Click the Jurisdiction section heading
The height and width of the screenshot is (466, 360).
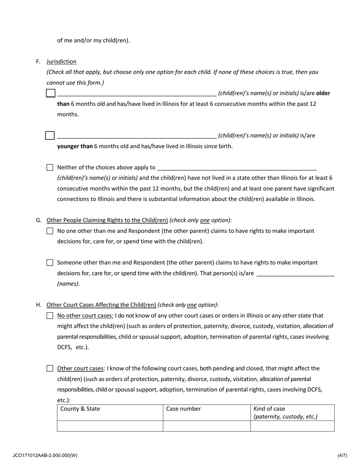pyautogui.click(x=61, y=61)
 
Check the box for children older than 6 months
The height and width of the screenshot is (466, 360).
pyautogui.click(x=51, y=93)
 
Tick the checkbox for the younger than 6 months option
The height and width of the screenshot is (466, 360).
pyautogui.click(x=50, y=136)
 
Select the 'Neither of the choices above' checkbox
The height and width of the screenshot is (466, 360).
pyautogui.click(x=50, y=167)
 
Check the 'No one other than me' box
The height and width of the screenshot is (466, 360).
pyautogui.click(x=50, y=231)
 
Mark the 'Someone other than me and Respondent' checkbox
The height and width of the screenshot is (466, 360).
pyautogui.click(x=50, y=263)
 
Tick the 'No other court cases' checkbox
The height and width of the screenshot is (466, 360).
pyautogui.click(x=50, y=316)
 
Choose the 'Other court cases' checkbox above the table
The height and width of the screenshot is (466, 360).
pyautogui.click(x=50, y=368)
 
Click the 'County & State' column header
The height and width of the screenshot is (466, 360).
pyautogui.click(x=80, y=409)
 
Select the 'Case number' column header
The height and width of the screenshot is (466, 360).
pyautogui.click(x=184, y=409)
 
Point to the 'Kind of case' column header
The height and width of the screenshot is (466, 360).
pyautogui.click(x=269, y=409)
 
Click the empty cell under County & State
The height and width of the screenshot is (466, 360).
pyautogui.click(x=110, y=426)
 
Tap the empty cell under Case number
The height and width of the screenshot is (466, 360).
pyautogui.click(x=207, y=426)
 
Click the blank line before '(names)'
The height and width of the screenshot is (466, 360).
pyautogui.click(x=296, y=274)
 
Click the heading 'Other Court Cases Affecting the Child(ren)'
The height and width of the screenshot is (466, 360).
pyautogui.click(x=101, y=305)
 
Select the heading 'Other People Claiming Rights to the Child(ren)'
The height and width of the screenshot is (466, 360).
pyautogui.click(x=107, y=220)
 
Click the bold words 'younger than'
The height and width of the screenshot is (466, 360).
pyautogui.click(x=75, y=146)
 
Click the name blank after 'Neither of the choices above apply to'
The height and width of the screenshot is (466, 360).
pyautogui.click(x=236, y=167)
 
